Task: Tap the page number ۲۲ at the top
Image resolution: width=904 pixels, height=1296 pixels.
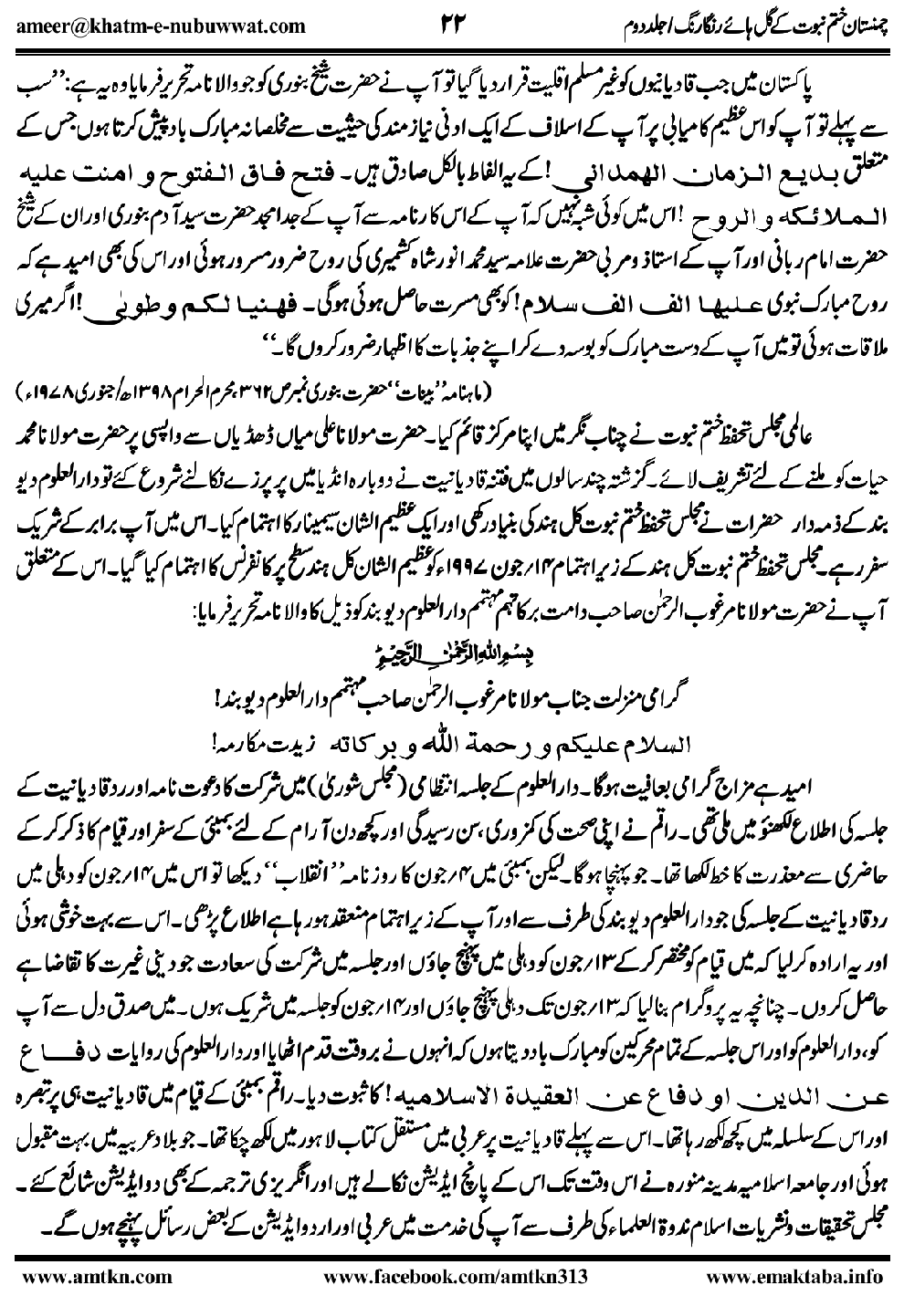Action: coord(453,22)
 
